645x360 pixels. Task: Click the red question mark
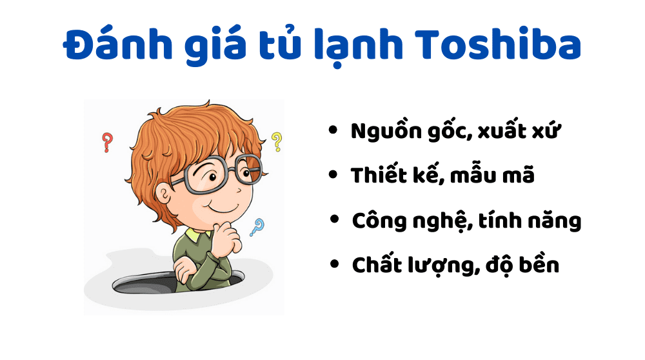click(x=108, y=142)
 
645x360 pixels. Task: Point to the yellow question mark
click(x=277, y=141)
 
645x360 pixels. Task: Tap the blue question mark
click(x=258, y=226)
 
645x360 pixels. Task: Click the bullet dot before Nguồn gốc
click(x=333, y=130)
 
